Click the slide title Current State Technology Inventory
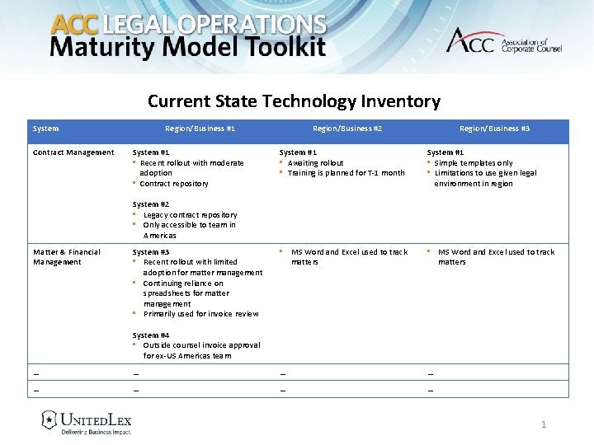click(x=294, y=101)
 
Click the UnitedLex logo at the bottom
click(x=87, y=422)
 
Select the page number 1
click(x=543, y=424)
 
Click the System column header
click(x=45, y=129)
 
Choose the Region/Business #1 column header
click(x=200, y=129)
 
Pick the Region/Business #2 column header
click(x=346, y=129)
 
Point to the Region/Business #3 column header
click(x=494, y=129)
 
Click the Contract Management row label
click(x=73, y=152)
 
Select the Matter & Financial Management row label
click(x=66, y=257)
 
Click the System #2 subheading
click(x=151, y=204)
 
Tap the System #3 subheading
click(x=151, y=252)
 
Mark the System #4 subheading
click(x=151, y=335)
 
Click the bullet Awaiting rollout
click(x=315, y=163)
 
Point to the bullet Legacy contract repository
click(x=190, y=215)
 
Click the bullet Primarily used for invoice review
click(x=200, y=314)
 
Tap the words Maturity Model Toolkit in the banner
click(x=188, y=47)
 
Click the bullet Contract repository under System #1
click(x=173, y=184)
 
